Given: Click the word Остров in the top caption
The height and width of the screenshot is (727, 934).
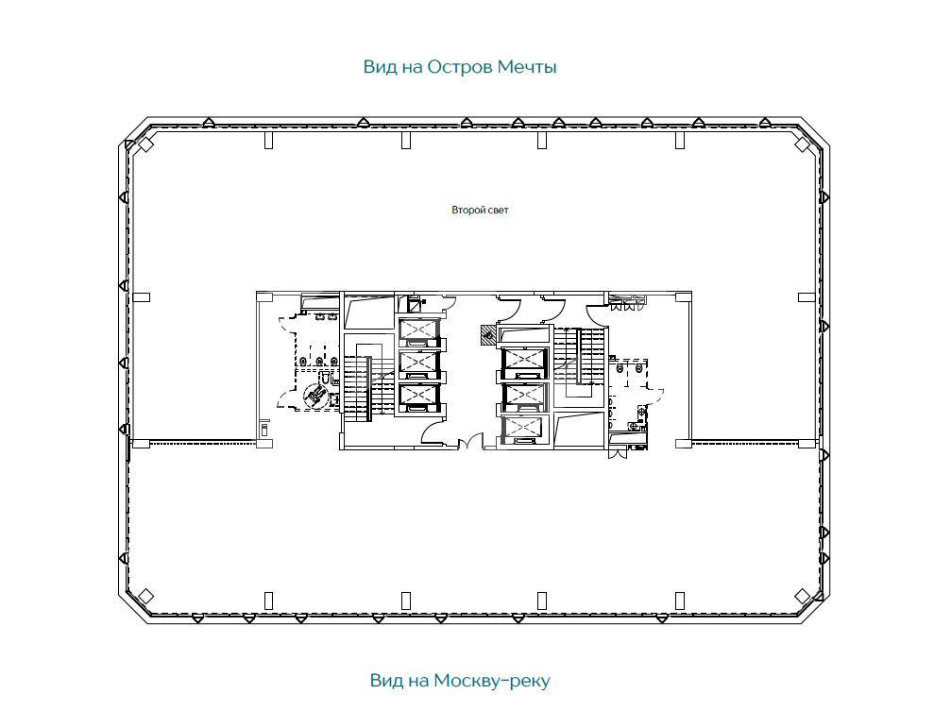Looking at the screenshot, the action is tap(460, 67).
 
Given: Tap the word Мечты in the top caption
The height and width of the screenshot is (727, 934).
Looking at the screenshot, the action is tap(527, 67).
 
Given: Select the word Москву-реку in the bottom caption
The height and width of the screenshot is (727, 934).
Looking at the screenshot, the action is tap(492, 680).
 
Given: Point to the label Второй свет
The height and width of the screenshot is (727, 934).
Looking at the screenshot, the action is tap(480, 211).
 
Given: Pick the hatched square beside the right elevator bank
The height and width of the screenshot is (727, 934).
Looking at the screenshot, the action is tap(488, 334).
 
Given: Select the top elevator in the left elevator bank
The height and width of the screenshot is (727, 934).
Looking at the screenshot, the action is tap(419, 331).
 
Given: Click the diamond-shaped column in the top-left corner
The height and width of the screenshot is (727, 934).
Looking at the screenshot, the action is tap(146, 144).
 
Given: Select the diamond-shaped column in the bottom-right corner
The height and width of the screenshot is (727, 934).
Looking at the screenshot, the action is tap(803, 596).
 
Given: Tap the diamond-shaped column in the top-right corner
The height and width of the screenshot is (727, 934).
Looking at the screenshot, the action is tap(803, 144).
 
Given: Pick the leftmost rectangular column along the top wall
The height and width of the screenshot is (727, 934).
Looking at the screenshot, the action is tap(268, 141).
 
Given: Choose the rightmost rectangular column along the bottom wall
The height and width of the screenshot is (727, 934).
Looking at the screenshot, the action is tap(680, 600).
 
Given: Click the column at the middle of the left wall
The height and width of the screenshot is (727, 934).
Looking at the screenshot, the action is tap(141, 297).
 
